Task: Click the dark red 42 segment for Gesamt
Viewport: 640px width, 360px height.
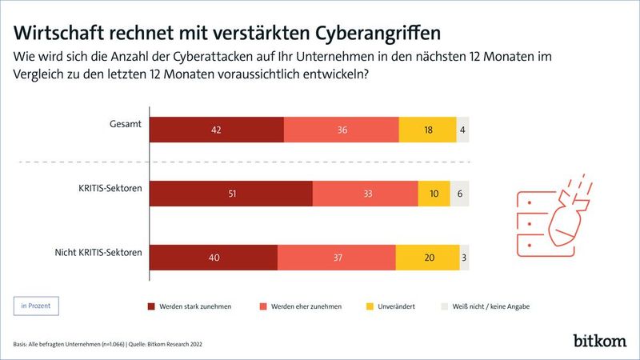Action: point(217,130)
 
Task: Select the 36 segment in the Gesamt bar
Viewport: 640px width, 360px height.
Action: point(342,130)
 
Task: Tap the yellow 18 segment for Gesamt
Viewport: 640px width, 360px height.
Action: point(427,130)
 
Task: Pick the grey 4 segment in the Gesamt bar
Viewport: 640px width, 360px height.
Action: point(462,130)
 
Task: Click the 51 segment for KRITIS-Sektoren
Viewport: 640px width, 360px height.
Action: point(231,194)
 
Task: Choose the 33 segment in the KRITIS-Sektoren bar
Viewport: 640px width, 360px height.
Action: point(365,194)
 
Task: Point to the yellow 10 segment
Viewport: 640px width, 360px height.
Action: point(434,194)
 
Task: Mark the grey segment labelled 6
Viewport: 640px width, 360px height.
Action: point(459,194)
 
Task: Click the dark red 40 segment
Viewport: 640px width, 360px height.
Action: point(214,258)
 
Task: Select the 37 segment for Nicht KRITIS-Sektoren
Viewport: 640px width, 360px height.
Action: point(336,258)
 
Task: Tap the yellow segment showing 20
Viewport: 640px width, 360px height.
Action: point(427,258)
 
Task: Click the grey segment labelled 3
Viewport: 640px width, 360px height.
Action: point(464,258)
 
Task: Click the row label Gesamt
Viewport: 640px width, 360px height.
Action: point(126,123)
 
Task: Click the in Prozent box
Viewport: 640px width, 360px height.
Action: point(37,305)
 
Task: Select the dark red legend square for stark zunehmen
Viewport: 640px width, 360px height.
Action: point(152,306)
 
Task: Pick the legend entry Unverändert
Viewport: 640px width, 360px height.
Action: point(393,306)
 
